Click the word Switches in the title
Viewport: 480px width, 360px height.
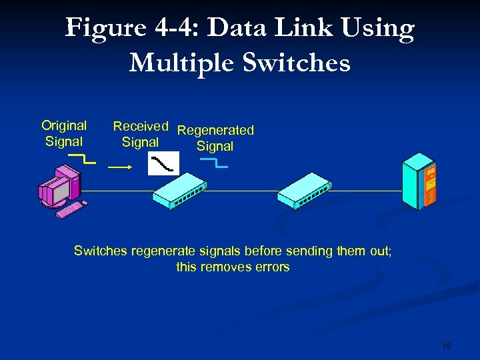(x=297, y=63)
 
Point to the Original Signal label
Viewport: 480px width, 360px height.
(x=64, y=133)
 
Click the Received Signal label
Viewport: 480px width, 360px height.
(x=140, y=134)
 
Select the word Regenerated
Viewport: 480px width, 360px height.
(x=215, y=130)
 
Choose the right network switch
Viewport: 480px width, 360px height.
(x=303, y=191)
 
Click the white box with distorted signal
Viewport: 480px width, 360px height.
(x=163, y=163)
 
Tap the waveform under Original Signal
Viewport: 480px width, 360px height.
(x=83, y=159)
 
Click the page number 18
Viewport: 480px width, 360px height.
(x=446, y=346)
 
